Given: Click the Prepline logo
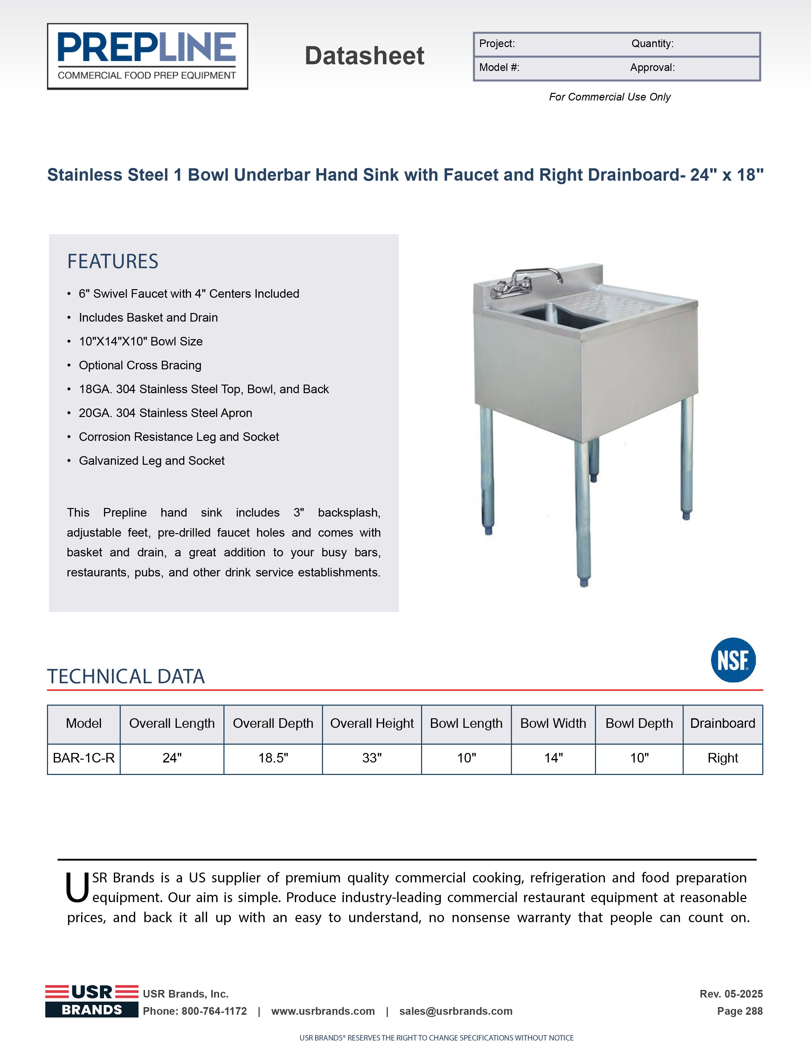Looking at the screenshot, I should click(147, 56).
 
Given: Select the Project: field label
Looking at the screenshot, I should click(497, 44).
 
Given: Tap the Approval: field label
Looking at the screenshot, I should click(652, 68).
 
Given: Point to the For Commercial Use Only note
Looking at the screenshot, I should click(609, 97).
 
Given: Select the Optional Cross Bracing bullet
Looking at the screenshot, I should click(140, 365).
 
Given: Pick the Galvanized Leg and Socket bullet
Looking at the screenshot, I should click(151, 461).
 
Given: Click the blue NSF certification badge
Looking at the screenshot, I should click(733, 660).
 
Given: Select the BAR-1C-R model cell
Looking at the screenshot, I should click(84, 758).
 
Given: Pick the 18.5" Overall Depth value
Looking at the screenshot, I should click(273, 758).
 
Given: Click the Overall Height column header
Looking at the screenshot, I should click(372, 724).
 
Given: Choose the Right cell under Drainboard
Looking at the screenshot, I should click(723, 758).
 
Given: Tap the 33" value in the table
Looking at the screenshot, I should click(372, 758).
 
